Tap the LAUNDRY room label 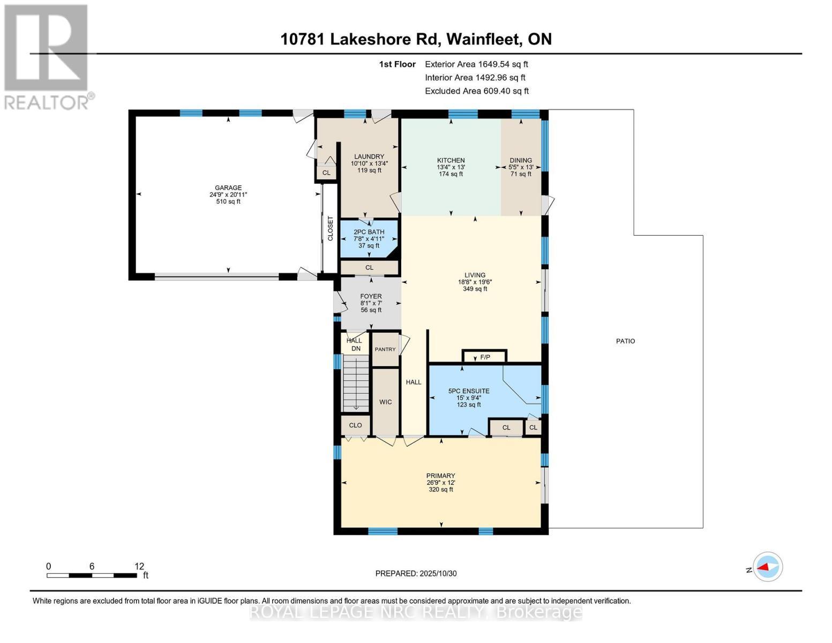[369, 157]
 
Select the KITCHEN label [451, 160]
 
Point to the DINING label [521, 160]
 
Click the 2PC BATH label [369, 232]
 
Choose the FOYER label [371, 296]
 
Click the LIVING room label [475, 275]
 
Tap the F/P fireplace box [484, 356]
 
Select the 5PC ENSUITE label [469, 391]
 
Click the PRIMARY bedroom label [440, 476]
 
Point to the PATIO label [625, 341]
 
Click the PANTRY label [385, 349]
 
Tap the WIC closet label [386, 402]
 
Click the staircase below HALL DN [356, 384]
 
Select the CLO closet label [355, 425]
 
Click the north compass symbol [768, 566]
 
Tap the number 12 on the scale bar [139, 566]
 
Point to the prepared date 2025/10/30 [416, 573]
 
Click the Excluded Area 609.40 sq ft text [476, 91]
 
